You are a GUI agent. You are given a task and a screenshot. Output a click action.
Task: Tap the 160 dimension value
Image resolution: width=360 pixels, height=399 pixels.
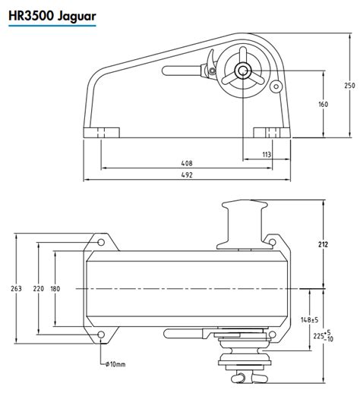point(323,104)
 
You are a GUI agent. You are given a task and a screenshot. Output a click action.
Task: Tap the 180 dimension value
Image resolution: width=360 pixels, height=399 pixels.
point(55,288)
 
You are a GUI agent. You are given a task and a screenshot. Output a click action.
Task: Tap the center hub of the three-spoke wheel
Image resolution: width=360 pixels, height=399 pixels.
point(243,71)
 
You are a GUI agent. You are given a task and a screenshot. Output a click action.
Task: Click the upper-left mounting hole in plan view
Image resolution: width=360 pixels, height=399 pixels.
point(101,242)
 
